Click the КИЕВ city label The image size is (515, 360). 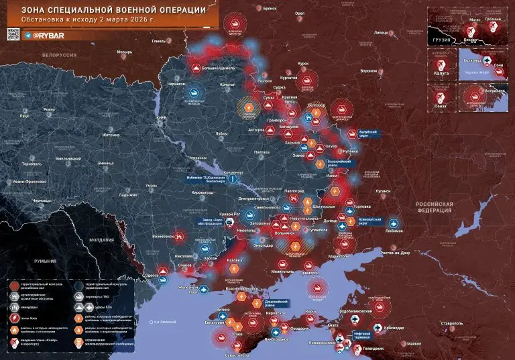tap(161, 117)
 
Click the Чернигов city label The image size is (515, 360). tap(176, 84)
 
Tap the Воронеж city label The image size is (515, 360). tap(368, 70)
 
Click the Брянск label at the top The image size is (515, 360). tap(270, 8)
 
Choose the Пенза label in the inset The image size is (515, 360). tap(442, 107)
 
